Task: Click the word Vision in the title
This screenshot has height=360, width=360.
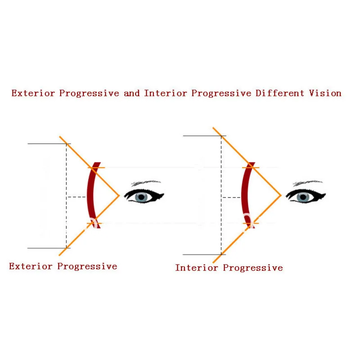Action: click(325, 93)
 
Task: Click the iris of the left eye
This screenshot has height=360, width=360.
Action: click(142, 196)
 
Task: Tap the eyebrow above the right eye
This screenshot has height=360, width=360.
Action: click(307, 184)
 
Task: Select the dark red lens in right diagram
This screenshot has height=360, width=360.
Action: click(243, 196)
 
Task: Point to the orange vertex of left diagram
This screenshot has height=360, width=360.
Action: click(119, 196)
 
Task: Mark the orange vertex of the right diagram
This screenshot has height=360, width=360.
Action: click(281, 195)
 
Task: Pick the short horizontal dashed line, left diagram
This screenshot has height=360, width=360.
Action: click(76, 197)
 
